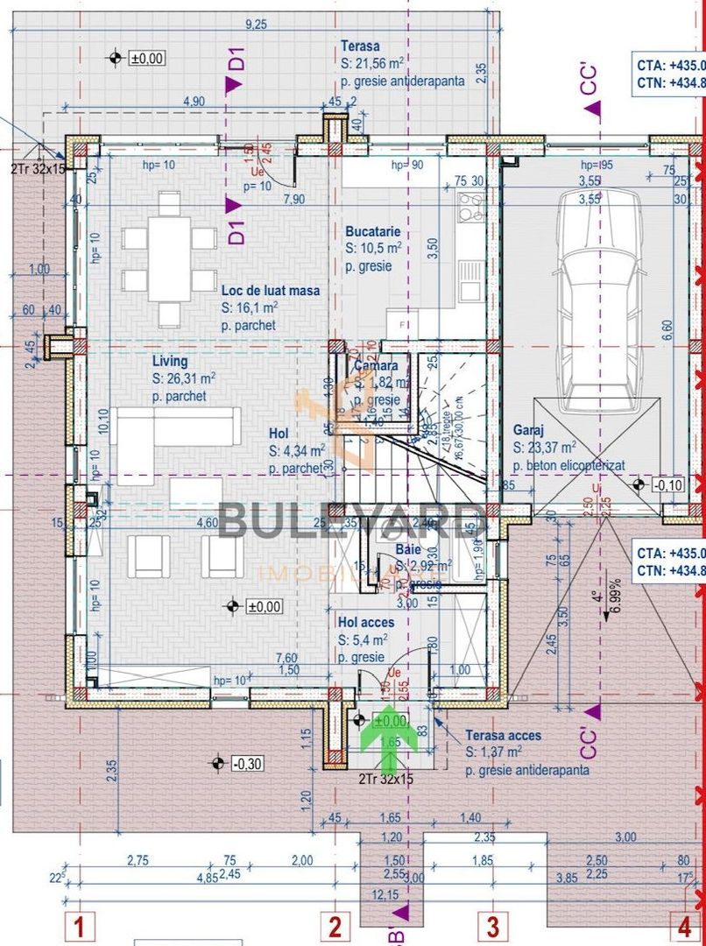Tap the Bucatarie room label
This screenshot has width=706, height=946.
click(x=372, y=232)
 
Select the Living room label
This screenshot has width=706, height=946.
click(x=170, y=361)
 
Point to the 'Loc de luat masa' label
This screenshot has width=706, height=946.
click(x=270, y=291)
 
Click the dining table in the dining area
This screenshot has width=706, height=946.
click(x=169, y=255)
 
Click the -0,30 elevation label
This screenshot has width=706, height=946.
click(x=248, y=764)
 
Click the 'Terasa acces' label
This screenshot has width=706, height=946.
click(x=503, y=736)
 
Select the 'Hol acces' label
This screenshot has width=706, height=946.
click(x=365, y=623)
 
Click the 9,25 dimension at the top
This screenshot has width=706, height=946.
click(x=257, y=25)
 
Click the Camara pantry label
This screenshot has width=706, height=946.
click(x=377, y=365)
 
